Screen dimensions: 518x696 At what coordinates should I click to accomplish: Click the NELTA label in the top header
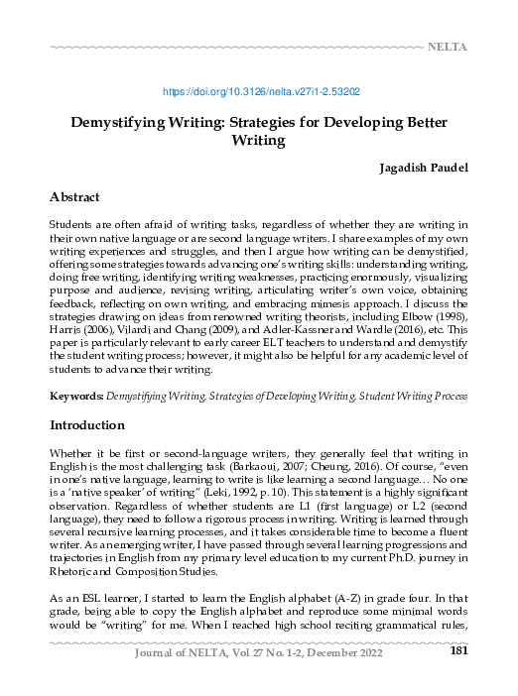point(447,47)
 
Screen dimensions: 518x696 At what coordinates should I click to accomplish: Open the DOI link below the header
point(259,91)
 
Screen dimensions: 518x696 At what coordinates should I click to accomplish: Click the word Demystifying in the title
point(119,124)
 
